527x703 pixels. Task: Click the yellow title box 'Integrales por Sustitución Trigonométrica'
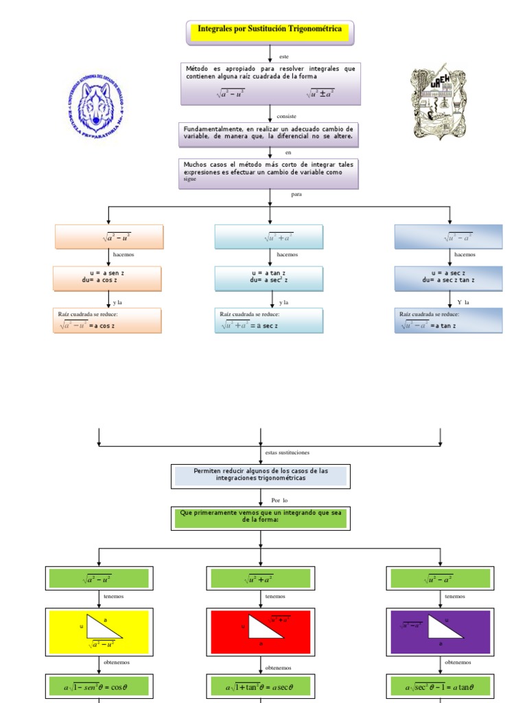tap(270, 31)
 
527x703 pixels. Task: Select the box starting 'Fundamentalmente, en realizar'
tap(268, 133)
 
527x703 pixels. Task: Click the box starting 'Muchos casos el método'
tap(268, 173)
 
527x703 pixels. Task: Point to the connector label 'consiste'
tap(286, 116)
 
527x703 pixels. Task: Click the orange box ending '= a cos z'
tap(108, 321)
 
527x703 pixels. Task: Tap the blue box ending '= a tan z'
tap(448, 321)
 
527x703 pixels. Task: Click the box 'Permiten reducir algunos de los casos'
tap(261, 476)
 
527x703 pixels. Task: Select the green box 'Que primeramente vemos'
tap(261, 518)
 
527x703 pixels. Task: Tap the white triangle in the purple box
tap(445, 627)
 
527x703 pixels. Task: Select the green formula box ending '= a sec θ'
tap(261, 686)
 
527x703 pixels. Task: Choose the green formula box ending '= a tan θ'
tap(440, 686)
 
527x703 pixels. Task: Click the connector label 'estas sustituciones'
tap(287, 452)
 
